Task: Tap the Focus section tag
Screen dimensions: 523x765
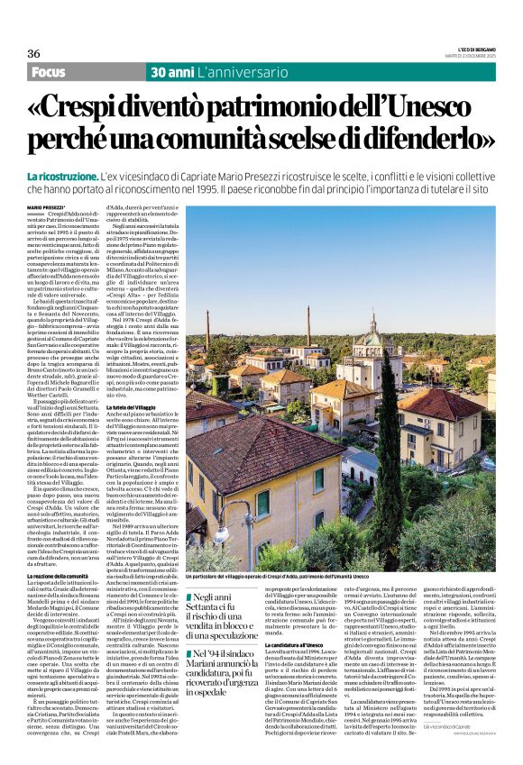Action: (50, 71)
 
